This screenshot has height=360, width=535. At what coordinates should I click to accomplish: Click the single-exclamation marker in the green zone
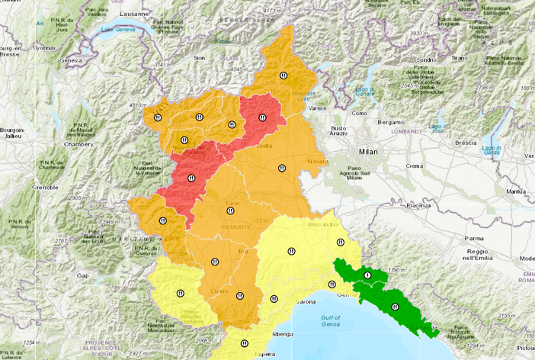pos(367,275)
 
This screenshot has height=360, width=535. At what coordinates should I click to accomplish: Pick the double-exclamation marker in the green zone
pos(395,307)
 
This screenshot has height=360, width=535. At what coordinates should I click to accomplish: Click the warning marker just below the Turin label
pos(229,211)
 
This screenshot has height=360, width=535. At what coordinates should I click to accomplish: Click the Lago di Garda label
pos(492,149)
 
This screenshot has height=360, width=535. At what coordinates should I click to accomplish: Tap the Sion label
pos(200,57)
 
